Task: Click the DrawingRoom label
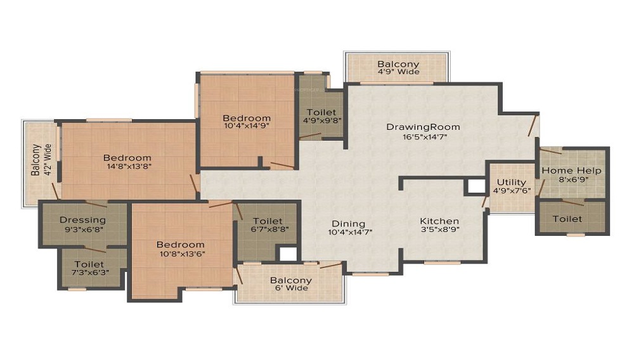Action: [x=423, y=127]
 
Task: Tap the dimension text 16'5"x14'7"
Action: [x=423, y=137]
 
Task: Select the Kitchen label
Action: [x=439, y=221]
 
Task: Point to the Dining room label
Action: [x=349, y=223]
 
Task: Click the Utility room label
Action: [x=510, y=183]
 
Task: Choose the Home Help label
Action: [x=571, y=170]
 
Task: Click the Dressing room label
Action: [x=82, y=220]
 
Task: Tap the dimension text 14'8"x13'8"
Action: [x=127, y=167]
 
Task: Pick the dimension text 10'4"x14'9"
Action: [x=247, y=127]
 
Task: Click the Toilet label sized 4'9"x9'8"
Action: [x=321, y=112]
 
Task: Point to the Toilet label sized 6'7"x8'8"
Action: [x=267, y=221]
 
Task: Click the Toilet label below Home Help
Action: [x=567, y=219]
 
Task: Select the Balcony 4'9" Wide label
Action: [x=398, y=64]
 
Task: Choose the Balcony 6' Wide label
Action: [x=291, y=280]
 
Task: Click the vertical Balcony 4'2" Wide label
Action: [x=36, y=160]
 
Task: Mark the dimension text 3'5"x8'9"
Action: [x=439, y=231]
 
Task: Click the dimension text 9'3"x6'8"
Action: [x=82, y=229]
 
